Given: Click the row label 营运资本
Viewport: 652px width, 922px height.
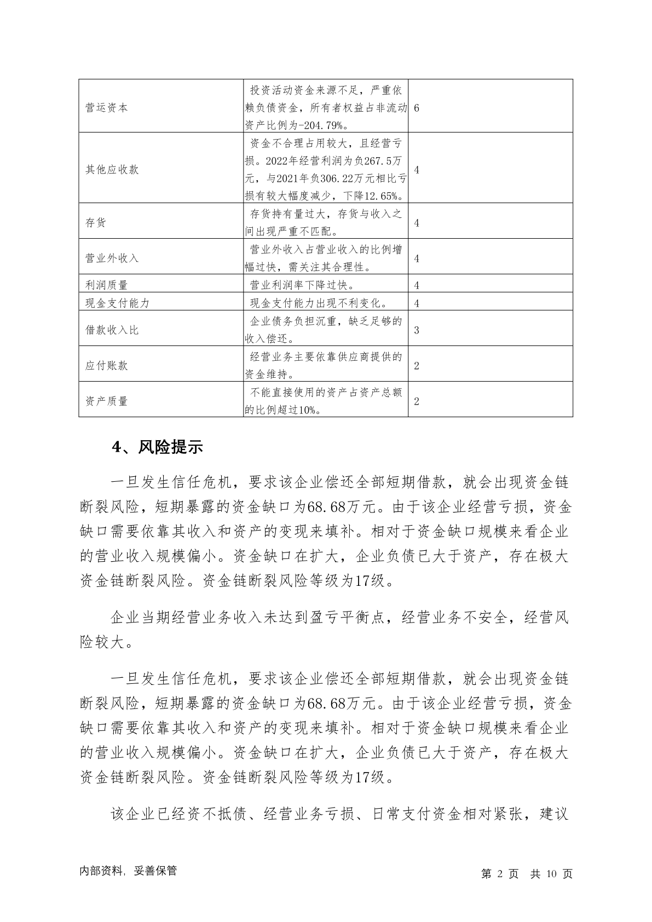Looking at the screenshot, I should pos(106,108).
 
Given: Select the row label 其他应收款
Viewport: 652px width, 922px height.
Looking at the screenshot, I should pos(112,170).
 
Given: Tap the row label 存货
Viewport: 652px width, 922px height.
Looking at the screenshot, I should pos(96,223).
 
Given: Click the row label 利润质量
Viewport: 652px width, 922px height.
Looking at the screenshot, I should pos(106,285).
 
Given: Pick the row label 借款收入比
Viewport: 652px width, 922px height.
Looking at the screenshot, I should pos(112,330).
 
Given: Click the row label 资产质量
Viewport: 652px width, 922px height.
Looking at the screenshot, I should pos(106,401).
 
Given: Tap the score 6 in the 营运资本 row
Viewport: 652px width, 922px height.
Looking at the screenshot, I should pos(417,108).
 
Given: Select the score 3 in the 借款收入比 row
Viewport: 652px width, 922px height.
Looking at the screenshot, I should pos(417,330).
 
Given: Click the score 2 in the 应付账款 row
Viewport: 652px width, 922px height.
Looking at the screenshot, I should pos(417,366).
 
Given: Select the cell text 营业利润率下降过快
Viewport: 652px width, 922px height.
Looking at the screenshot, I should pos(302,285).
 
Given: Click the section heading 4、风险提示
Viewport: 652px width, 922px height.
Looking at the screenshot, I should pos(157,447).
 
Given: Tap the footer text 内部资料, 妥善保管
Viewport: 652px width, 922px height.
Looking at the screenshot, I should pos(128,871).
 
